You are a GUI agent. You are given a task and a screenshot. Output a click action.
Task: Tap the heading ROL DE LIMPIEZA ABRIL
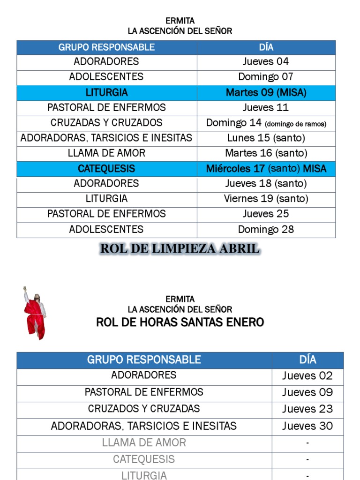pos(180,249)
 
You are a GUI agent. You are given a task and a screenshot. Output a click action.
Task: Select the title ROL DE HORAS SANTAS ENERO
pos(180,322)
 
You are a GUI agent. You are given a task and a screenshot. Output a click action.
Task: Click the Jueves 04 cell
pos(266,61)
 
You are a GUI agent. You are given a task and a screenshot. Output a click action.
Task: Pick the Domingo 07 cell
pos(266,77)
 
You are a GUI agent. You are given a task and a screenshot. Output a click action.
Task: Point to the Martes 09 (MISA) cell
pos(266,92)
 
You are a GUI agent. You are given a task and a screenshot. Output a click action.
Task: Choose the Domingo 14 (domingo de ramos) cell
pos(266,123)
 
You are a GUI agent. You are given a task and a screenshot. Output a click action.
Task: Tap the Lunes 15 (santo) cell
pos(266,138)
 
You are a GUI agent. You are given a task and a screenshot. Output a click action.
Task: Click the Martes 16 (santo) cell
pos(266,153)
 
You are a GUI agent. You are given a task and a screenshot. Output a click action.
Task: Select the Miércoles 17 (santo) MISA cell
pos(266,169)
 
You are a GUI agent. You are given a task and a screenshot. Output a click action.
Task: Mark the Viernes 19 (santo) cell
pos(266,199)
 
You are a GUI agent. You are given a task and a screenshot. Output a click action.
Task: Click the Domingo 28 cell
pos(266,230)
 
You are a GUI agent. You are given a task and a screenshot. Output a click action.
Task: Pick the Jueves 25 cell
pos(266,214)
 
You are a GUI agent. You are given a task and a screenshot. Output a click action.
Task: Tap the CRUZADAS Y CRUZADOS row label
pos(107,123)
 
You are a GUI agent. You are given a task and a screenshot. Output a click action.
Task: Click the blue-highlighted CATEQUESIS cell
pos(107,169)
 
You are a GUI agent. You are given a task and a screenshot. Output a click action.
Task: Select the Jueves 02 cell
pos(307,376)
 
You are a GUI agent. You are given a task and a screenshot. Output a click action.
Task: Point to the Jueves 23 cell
pos(307,409)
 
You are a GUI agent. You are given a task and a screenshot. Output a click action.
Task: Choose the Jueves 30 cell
pos(307,426)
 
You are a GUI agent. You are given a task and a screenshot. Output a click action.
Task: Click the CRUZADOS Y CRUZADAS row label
pos(144,409)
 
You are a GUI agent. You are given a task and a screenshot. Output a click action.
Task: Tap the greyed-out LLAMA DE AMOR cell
pos(144,443)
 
